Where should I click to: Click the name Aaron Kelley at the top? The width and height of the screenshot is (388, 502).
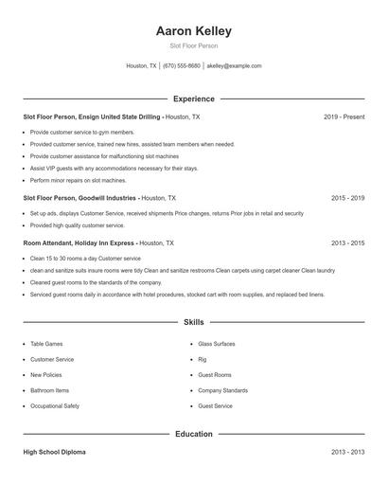pos(193,31)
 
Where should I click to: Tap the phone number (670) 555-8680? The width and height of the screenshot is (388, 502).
pos(182,66)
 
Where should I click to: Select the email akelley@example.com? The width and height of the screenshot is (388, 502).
pos(234,66)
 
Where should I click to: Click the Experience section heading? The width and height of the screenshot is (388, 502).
pos(193,99)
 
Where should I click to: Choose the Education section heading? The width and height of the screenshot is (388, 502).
pos(193,434)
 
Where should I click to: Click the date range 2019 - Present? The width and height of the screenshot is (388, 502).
pos(344,117)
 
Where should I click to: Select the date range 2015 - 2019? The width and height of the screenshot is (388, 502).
pos(347,199)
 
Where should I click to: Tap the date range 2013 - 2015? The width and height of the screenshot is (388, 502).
pos(347,243)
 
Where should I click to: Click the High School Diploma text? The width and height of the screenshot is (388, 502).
pos(54,453)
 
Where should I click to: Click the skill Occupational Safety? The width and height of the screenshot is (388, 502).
pos(55,405)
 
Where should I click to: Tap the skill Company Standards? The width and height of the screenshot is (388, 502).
pos(222,390)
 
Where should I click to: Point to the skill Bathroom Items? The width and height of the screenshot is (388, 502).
pos(49,390)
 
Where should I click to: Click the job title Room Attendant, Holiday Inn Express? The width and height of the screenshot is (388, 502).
pos(79,243)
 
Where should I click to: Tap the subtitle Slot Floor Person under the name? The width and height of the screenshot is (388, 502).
pos(193,45)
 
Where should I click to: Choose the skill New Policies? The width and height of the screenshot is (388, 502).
pos(46,375)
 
